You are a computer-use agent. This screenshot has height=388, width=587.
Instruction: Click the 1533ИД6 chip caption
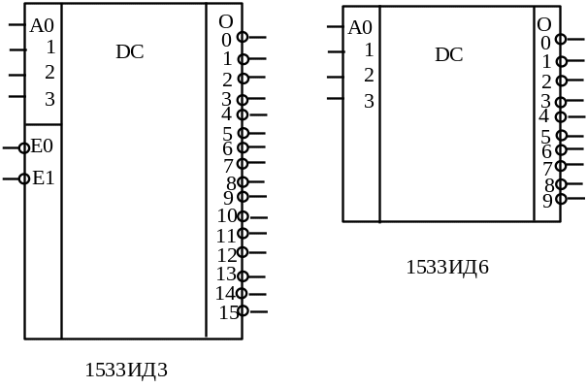445,267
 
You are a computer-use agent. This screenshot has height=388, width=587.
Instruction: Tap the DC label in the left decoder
130,52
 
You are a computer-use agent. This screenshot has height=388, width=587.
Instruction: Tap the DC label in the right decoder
449,55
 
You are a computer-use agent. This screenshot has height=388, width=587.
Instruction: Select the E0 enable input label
43,147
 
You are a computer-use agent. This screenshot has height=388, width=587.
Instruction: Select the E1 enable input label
43,178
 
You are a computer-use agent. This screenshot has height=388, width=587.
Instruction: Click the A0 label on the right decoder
360,27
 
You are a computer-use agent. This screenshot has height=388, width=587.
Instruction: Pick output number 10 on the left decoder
227,216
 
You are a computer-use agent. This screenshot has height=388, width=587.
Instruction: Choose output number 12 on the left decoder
227,254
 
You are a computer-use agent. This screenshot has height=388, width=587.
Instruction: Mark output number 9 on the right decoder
546,201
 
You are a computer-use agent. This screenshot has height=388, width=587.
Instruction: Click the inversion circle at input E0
24,148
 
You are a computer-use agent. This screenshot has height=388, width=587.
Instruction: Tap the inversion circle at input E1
24,178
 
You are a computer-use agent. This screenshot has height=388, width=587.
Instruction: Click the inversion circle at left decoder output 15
243,311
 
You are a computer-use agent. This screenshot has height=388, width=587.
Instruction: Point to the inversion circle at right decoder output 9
561,199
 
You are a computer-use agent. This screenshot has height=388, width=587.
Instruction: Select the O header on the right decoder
544,24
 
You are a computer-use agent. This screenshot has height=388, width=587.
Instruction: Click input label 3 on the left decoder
49,99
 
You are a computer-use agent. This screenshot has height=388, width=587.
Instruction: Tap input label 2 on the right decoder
368,75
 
